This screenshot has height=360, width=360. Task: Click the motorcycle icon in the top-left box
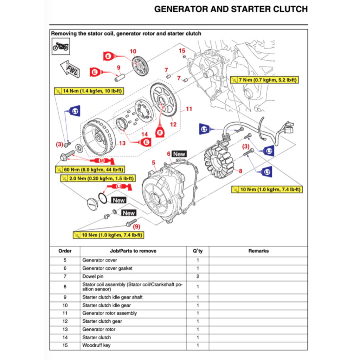click(x=60, y=46)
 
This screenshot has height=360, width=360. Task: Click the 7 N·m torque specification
click(x=264, y=80)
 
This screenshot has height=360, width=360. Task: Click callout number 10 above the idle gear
click(x=133, y=52)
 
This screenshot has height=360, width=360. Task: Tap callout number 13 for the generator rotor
click(x=122, y=143)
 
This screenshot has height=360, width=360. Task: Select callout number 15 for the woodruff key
click(x=182, y=51)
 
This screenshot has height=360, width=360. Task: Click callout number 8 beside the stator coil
click(x=240, y=171)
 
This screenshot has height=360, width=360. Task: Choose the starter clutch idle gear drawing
click(x=140, y=66)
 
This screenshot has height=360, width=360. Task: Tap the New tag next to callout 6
click(x=179, y=154)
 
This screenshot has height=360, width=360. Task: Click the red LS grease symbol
click(x=119, y=186)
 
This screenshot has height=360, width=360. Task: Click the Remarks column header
click(x=258, y=251)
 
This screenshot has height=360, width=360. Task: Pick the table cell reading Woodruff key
click(x=96, y=345)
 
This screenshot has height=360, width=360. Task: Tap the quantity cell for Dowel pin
click(x=198, y=276)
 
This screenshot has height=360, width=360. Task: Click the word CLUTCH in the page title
click(x=288, y=9)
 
